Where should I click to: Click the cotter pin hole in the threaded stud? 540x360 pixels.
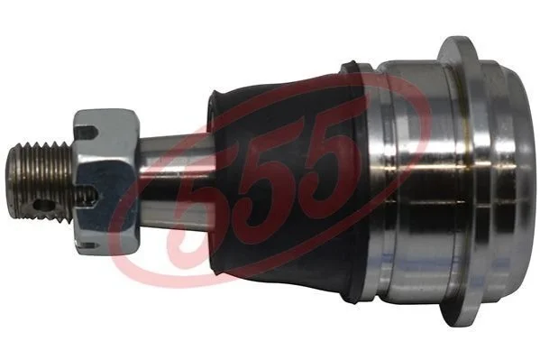coord(44,206)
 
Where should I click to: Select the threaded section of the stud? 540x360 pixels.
coord(41,181)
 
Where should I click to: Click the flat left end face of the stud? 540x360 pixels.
coord(13,181)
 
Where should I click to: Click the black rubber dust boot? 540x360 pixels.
coord(286,180)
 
